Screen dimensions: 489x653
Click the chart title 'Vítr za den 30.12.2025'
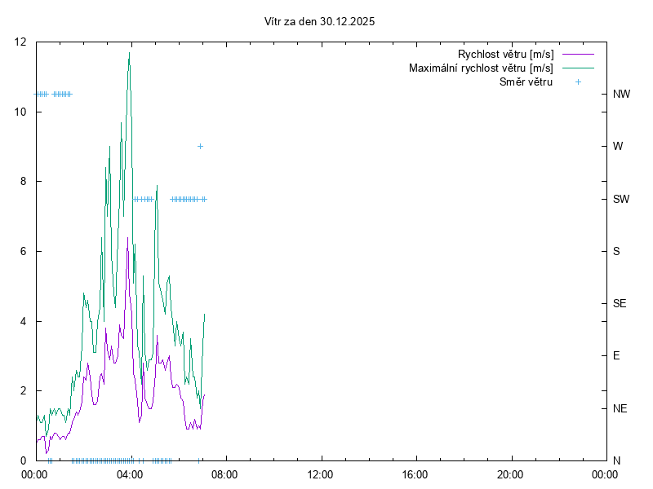(320, 22)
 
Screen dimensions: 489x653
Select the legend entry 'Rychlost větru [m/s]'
(505, 55)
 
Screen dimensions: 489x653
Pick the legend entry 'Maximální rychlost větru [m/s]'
(481, 68)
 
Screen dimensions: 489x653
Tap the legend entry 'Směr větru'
(526, 81)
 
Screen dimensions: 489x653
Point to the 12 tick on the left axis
(20, 42)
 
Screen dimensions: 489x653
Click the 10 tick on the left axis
(20, 112)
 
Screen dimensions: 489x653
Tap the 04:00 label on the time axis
(130, 474)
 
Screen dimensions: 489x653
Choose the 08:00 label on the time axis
(224, 474)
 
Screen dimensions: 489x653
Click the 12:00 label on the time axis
(320, 474)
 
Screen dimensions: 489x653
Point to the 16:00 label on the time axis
(415, 474)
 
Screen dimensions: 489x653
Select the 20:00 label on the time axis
(510, 474)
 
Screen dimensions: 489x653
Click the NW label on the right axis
(621, 95)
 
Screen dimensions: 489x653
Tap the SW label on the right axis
(621, 199)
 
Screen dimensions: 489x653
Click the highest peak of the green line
(129, 53)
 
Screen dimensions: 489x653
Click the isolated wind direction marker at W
(200, 147)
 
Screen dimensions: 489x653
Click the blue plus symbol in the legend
(578, 81)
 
